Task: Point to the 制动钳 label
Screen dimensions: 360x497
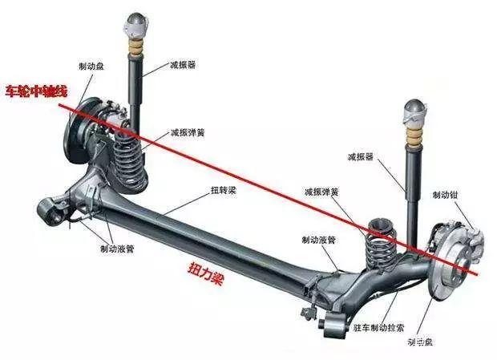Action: (x=445, y=195)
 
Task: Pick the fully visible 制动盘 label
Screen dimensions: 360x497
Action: (x=90, y=67)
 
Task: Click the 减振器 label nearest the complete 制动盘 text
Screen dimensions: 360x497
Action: (x=184, y=63)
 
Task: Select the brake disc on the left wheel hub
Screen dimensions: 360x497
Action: (x=81, y=132)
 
